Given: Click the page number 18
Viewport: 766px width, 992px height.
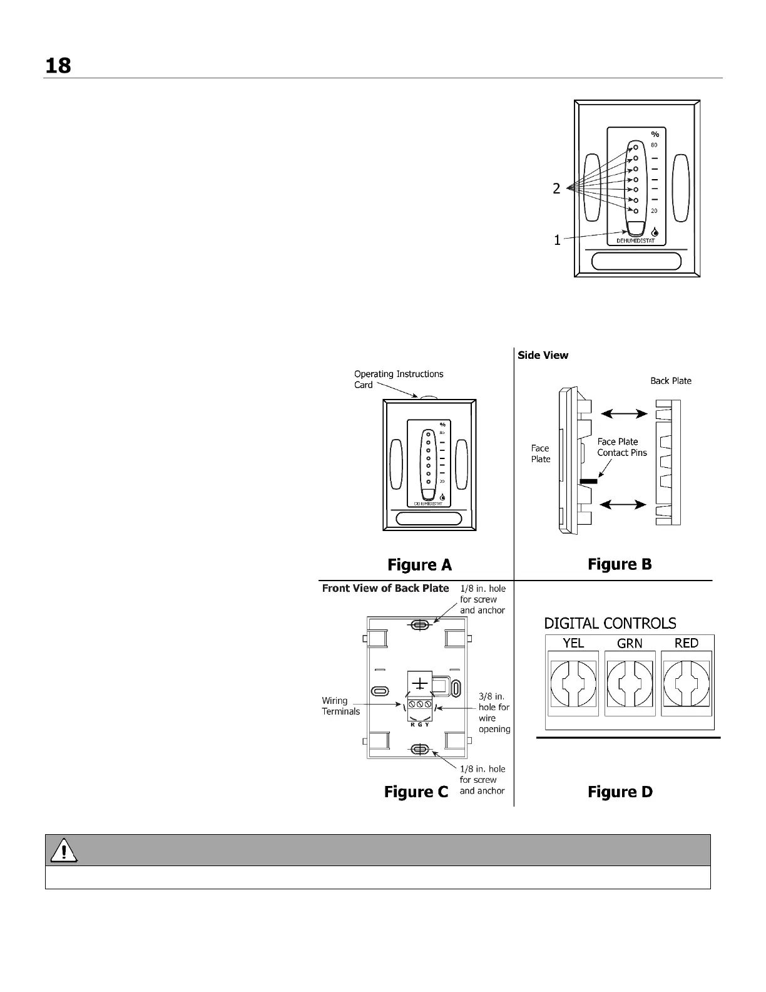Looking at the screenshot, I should click(58, 65).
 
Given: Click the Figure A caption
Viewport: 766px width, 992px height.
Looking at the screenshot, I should click(419, 565).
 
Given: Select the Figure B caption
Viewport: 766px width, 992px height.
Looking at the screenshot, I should click(620, 564).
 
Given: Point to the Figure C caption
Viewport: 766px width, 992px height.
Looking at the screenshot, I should click(416, 792).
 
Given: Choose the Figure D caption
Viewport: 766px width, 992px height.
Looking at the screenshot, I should click(620, 792).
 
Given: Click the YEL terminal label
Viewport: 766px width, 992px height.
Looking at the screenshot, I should click(573, 643).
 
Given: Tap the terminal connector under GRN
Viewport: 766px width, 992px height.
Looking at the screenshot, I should click(630, 683).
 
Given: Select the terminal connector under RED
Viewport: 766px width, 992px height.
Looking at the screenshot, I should click(687, 683).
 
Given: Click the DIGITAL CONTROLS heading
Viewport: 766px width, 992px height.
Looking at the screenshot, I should click(610, 624).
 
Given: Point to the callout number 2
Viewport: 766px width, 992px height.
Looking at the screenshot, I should click(556, 189).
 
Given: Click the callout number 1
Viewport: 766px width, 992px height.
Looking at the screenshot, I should click(557, 240).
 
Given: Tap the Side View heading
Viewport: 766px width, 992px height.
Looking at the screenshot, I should click(543, 355).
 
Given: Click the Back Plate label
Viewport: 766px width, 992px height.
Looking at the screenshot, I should click(670, 381).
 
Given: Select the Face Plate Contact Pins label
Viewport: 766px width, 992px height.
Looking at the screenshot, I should click(621, 447).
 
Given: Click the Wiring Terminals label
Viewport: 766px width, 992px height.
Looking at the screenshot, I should click(341, 706).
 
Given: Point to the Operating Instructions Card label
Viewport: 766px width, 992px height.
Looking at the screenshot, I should click(398, 379).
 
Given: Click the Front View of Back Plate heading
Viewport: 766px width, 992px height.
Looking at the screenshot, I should click(386, 588).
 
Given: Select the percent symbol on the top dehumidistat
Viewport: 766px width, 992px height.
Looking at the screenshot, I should click(655, 134).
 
